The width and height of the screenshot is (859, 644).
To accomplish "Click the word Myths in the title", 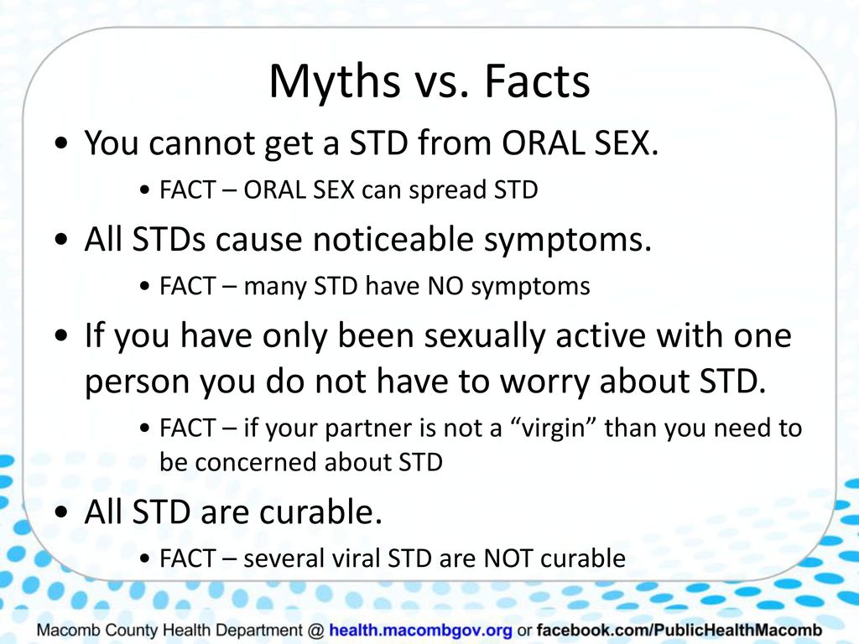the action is (x=334, y=82).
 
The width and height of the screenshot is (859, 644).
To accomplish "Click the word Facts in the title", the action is (x=537, y=81).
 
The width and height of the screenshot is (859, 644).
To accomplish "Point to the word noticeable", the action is (x=393, y=239).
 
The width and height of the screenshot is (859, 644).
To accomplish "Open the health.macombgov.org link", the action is (x=421, y=631).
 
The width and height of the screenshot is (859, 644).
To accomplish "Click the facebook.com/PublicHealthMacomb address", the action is (x=679, y=630).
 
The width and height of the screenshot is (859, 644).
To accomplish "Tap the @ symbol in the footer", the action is (x=315, y=631).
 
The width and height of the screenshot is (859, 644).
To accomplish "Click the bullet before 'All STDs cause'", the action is (x=62, y=240).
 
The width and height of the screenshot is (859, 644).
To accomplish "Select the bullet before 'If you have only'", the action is (x=62, y=335).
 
